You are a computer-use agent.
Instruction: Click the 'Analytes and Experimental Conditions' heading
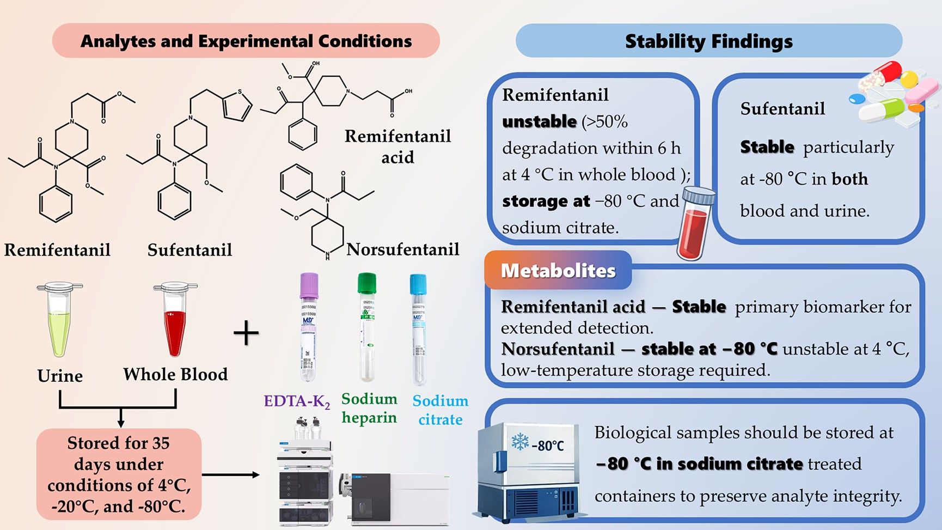[246, 41]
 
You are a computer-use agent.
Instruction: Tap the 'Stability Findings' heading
[708, 41]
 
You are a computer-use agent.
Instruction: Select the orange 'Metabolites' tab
[558, 271]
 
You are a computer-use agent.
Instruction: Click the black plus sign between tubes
[246, 333]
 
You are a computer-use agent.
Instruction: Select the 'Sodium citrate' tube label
[440, 410]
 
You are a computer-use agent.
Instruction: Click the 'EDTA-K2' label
[297, 402]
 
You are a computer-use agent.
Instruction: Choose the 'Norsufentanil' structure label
[403, 249]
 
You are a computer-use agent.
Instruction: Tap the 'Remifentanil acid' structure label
[397, 146]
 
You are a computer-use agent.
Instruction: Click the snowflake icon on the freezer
[520, 441]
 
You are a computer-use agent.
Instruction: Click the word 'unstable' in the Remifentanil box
[539, 121]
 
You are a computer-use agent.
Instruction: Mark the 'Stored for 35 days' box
[119, 474]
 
